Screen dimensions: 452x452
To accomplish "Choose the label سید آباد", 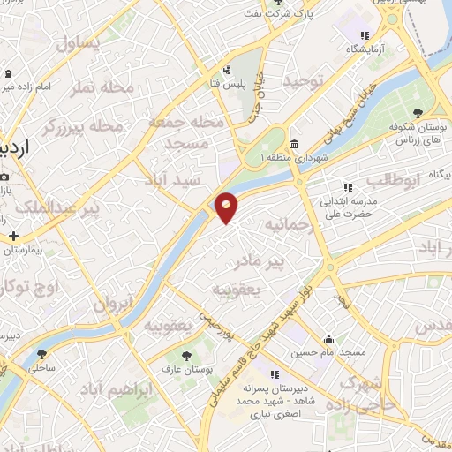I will [x=177, y=180].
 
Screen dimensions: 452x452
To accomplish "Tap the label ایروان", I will [x=113, y=305].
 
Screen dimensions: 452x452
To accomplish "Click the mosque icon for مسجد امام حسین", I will [x=329, y=339].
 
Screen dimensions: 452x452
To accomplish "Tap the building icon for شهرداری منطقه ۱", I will [x=293, y=145].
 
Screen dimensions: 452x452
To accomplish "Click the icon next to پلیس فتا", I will [x=229, y=69].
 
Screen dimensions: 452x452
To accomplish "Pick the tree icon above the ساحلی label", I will [x=41, y=354].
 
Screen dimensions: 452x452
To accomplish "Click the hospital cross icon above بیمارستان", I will [x=13, y=236].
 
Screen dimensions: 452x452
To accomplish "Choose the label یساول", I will [x=79, y=42].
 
